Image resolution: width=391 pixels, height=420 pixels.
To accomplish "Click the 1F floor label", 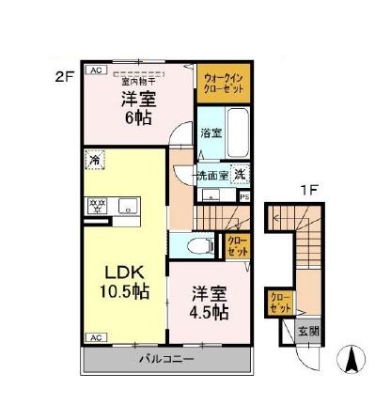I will (x=308, y=189).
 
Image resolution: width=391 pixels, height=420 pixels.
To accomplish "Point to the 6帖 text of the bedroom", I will (x=138, y=119).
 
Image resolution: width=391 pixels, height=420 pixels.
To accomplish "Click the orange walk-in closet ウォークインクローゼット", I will (x=222, y=83).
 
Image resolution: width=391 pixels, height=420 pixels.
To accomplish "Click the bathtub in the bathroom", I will (x=236, y=135).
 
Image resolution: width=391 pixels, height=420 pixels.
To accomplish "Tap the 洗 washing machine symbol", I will (x=239, y=172).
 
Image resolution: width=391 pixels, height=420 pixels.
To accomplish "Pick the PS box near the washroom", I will (x=244, y=196).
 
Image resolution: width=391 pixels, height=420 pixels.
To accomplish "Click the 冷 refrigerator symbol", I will (x=94, y=160).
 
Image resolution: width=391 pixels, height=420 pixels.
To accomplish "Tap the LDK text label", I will (x=124, y=272).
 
